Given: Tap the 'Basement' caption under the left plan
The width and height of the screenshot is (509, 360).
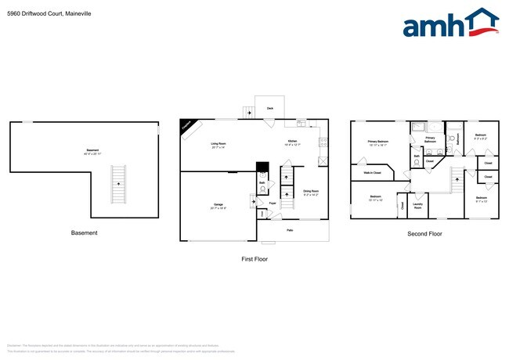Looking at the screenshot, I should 85,232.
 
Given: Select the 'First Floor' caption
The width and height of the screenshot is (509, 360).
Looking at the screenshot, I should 255,258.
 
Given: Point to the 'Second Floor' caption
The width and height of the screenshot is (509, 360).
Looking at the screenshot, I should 424,233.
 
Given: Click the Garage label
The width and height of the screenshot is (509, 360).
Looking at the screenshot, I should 218,206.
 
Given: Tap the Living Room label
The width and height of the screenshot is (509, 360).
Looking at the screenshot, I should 218,144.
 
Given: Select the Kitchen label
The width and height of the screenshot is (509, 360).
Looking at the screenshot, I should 291,142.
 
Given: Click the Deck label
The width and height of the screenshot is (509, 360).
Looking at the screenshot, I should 270,108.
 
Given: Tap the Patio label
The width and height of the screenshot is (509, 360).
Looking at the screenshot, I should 290,229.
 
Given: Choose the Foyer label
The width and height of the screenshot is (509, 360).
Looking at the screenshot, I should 273,203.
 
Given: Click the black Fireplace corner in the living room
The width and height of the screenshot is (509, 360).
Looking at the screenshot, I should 188,126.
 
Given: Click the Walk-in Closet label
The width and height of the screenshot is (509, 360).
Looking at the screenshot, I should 372,172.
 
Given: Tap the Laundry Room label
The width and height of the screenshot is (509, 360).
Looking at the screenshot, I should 417,207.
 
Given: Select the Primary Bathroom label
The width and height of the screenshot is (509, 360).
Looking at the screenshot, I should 430,140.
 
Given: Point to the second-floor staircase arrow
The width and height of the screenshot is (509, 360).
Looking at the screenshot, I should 455,182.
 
